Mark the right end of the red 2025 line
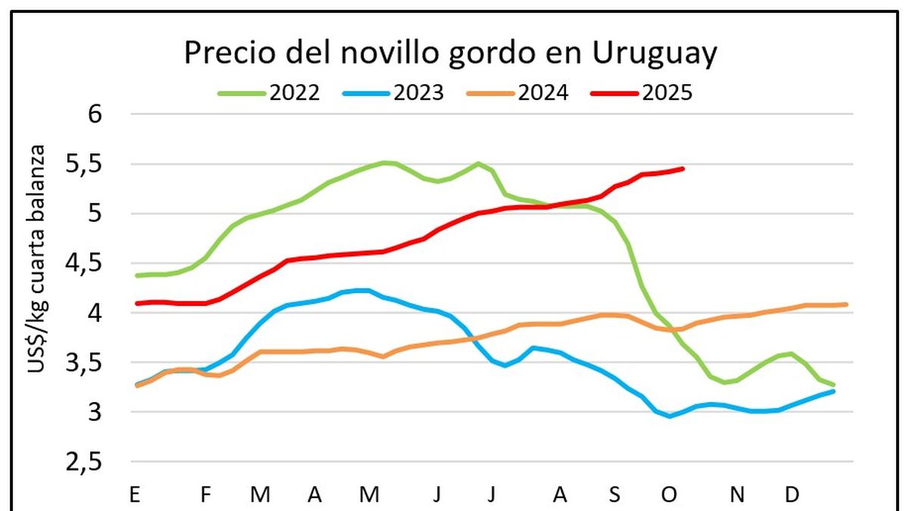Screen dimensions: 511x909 [x=683, y=168]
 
